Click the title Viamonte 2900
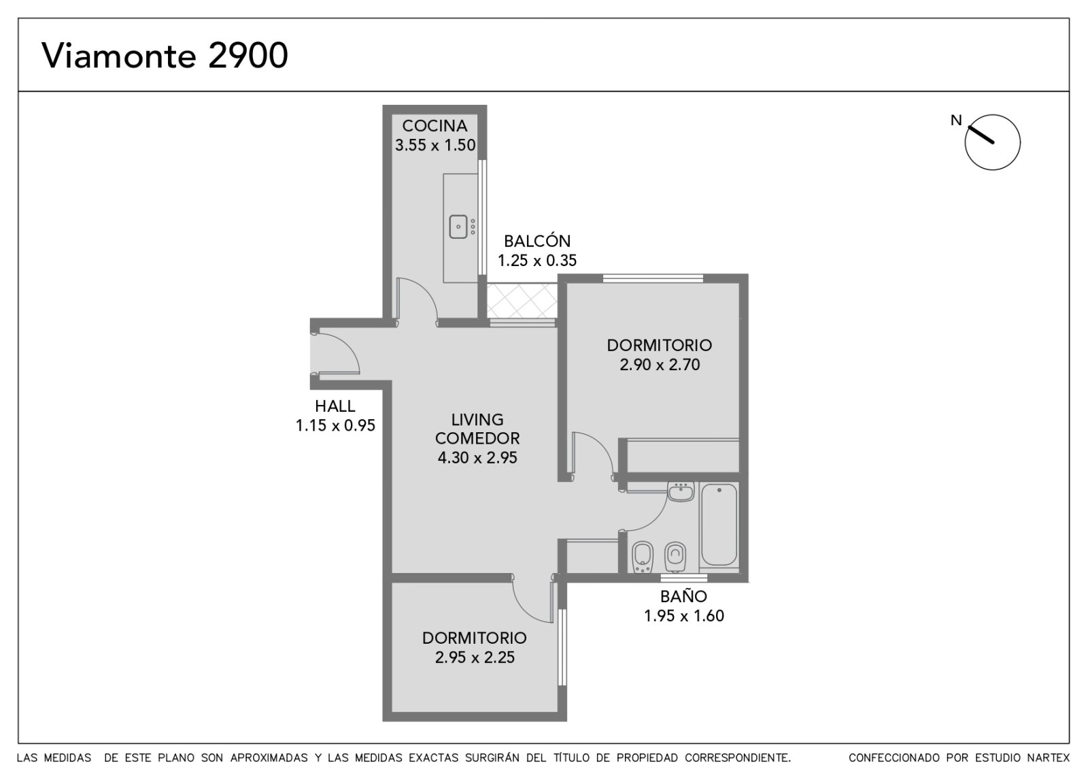(165, 55)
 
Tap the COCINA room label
(435, 126)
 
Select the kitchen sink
(458, 227)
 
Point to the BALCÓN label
(537, 241)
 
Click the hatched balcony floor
(522, 301)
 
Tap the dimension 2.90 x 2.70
(660, 365)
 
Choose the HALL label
(335, 406)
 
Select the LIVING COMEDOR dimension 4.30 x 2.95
(477, 457)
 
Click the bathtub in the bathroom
(719, 524)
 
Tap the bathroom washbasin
(681, 491)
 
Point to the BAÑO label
(684, 596)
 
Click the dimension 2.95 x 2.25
(475, 657)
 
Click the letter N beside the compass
(956, 120)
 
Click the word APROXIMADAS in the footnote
(269, 757)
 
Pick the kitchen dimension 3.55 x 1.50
(435, 146)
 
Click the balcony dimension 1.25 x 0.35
(537, 261)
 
